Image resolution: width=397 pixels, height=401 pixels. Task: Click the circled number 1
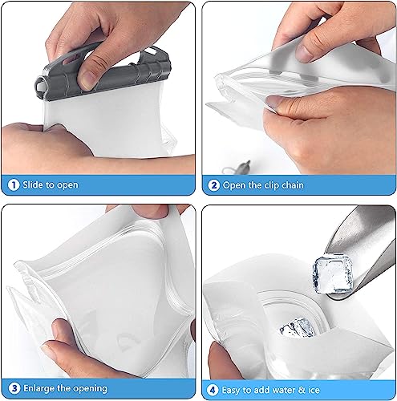[x=14, y=184]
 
